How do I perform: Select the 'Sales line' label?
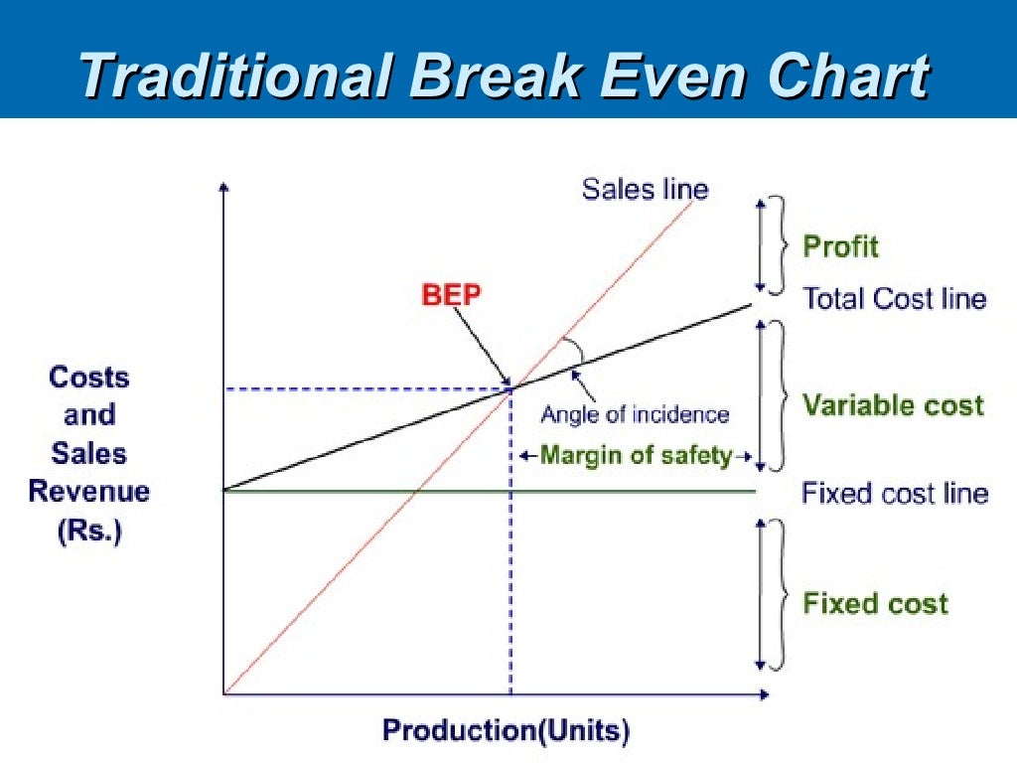[645, 189]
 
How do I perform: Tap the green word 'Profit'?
[840, 245]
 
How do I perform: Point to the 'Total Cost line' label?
[894, 298]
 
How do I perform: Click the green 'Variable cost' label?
[893, 404]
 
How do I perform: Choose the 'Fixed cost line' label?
[894, 493]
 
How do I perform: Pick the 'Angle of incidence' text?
[634, 414]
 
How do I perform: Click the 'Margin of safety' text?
[636, 456]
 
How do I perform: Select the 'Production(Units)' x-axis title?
[506, 731]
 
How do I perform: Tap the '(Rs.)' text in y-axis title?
[88, 531]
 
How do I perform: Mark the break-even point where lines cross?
[510, 387]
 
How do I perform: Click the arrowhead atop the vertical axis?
[225, 187]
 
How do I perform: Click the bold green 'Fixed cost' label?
[875, 603]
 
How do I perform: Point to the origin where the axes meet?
[225, 693]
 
